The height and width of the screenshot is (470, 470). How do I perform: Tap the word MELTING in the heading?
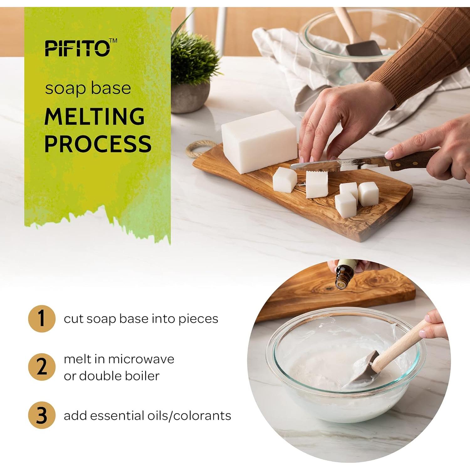click(95, 117)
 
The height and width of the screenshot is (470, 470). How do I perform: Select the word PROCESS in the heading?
click(98, 144)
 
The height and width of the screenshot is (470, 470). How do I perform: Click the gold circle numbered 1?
click(42, 318)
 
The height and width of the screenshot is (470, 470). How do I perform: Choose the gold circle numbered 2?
click(42, 367)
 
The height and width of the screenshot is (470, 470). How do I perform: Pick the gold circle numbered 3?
click(42, 415)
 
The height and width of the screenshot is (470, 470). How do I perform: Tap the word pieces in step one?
click(198, 319)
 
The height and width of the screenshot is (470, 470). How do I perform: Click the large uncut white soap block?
click(259, 141)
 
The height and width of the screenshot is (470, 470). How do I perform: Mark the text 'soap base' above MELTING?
click(88, 88)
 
